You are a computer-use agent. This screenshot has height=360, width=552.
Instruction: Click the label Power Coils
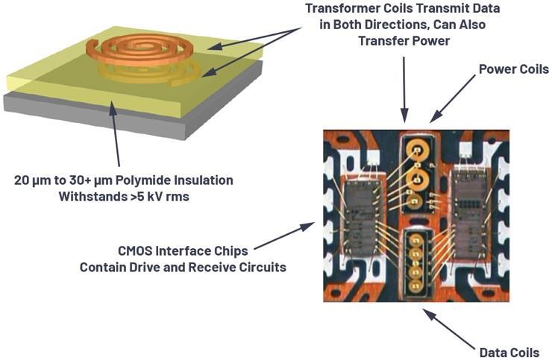click(x=514, y=69)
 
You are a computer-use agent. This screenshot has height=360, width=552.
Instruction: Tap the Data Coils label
click(x=509, y=353)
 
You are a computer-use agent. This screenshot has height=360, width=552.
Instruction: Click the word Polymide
click(x=143, y=180)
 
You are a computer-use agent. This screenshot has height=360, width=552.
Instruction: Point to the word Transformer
click(x=339, y=8)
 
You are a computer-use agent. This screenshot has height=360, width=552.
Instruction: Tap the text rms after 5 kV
click(x=178, y=196)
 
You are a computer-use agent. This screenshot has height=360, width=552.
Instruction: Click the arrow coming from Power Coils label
click(x=453, y=98)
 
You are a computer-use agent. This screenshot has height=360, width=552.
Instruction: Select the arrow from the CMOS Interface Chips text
click(x=284, y=236)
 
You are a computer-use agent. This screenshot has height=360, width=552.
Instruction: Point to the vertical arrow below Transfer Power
click(x=404, y=89)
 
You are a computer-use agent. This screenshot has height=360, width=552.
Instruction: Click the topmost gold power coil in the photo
click(x=418, y=150)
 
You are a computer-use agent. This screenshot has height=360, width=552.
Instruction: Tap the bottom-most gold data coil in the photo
click(x=415, y=286)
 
